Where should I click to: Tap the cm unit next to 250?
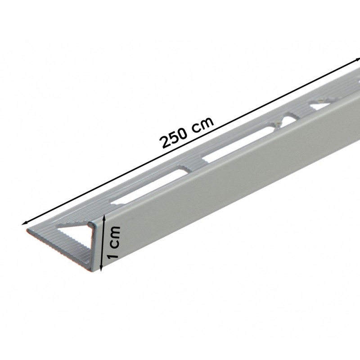pyautogui.click(x=202, y=126)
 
